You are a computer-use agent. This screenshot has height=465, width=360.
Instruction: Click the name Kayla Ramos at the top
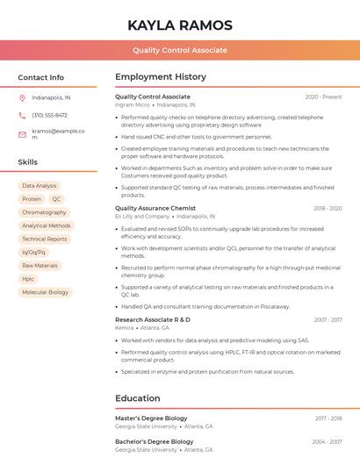tap(180, 25)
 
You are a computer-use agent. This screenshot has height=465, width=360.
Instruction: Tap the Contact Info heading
tap(40, 77)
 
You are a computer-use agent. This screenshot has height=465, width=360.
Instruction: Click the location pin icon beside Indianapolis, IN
tap(22, 97)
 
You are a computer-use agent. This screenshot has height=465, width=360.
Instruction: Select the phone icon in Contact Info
tap(22, 115)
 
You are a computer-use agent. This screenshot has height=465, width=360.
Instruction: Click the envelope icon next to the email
tap(22, 134)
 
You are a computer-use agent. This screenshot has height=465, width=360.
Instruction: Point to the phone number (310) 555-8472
tap(49, 115)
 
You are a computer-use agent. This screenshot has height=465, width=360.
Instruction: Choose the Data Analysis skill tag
tap(39, 186)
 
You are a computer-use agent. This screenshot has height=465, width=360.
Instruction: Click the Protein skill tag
tap(32, 199)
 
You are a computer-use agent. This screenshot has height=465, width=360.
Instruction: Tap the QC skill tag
tap(57, 199)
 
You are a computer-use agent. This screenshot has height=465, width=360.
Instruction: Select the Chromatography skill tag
tap(44, 212)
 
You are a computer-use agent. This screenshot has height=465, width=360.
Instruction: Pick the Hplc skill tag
tap(28, 279)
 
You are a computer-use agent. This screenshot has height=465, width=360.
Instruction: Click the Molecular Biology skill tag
tap(45, 292)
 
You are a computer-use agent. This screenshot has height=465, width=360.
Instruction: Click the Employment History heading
tap(160, 77)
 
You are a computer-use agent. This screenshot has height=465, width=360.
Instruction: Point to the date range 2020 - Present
tap(323, 97)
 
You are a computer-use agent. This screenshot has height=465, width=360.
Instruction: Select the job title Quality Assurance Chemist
tap(155, 208)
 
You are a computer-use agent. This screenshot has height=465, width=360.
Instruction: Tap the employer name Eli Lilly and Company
tap(142, 216)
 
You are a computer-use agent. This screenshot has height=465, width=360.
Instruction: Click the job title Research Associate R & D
tap(152, 319)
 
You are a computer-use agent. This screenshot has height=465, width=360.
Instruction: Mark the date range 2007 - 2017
tap(328, 320)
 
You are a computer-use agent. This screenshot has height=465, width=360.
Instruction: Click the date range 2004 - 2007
tap(328, 441)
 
